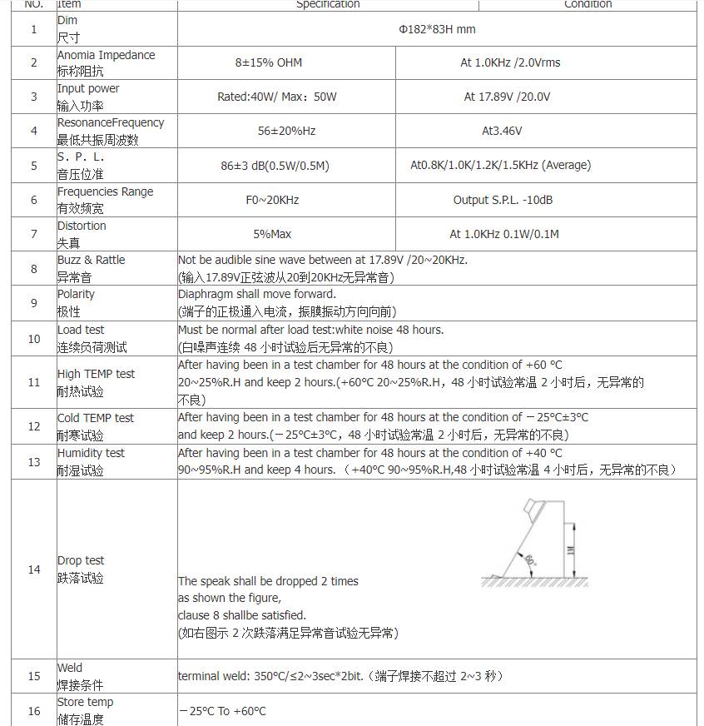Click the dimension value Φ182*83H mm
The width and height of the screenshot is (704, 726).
point(437,29)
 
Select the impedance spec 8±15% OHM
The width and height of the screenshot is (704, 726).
point(269,62)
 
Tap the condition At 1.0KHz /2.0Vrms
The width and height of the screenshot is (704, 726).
point(510,62)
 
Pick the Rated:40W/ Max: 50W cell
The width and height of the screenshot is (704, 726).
point(277,97)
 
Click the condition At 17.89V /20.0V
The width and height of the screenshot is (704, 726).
point(507,97)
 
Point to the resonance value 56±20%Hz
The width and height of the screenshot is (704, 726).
point(286,131)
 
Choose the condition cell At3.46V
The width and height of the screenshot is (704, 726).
point(502,131)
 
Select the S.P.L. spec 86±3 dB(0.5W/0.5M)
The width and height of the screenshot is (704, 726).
point(275,166)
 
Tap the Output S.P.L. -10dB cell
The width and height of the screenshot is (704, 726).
point(503,200)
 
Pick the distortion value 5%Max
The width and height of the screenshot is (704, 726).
point(272,234)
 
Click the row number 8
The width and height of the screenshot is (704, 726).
point(34,269)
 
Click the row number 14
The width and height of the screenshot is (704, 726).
point(34,569)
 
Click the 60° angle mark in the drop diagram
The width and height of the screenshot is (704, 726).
point(530,560)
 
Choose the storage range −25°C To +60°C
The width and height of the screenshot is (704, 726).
point(222,711)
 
